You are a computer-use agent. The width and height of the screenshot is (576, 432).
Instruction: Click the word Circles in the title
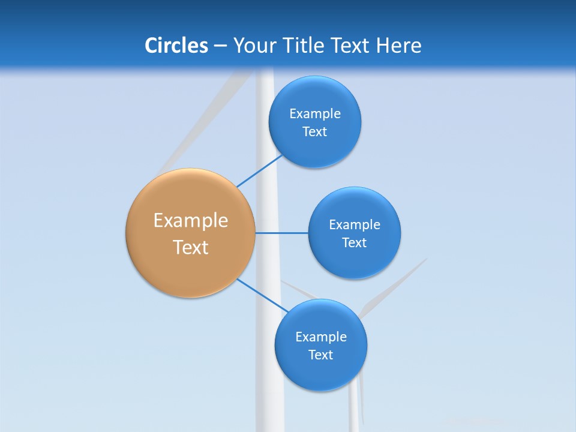pos(176,46)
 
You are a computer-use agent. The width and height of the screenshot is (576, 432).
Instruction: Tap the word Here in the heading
pos(399,46)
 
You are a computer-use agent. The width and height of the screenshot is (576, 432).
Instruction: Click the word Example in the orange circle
pos(191,221)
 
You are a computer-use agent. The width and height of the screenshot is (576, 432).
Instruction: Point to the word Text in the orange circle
pos(191,247)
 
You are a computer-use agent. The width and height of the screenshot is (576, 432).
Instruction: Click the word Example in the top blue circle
pos(315,113)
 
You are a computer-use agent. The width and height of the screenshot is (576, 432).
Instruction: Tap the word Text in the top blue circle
pos(315,131)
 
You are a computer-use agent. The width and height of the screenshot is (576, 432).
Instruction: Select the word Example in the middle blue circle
pos(355,224)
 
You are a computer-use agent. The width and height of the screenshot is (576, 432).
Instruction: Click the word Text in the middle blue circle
pos(355,242)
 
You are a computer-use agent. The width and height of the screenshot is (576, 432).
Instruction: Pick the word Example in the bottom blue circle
pos(321,337)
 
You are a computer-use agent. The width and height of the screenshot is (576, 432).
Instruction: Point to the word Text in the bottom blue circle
pos(321,355)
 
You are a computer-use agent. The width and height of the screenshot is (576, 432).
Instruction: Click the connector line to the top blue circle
pos(259,171)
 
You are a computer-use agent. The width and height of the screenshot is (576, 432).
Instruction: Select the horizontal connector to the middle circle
pos(282,233)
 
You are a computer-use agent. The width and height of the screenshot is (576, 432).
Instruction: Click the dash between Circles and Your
pos(220,46)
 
